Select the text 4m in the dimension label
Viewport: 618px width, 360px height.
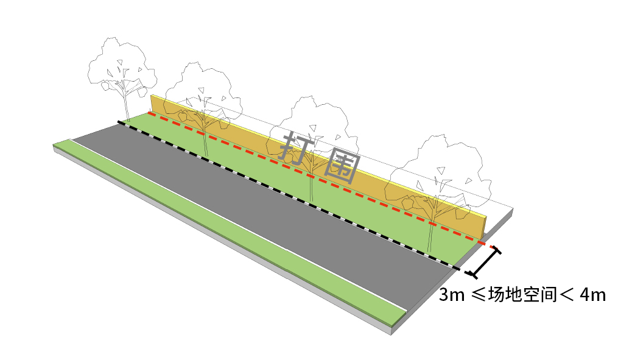(592, 295)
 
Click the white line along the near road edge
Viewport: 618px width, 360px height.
(244, 222)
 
